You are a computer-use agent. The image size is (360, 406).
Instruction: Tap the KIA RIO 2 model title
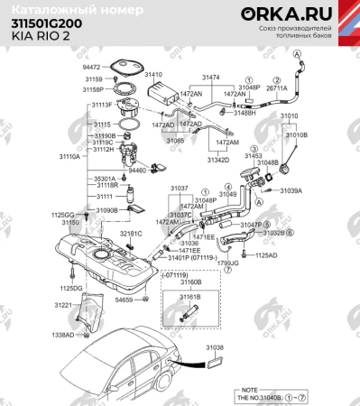pyautogui.click(x=37, y=39)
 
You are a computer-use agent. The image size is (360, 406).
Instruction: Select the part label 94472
pyautogui.click(x=93, y=68)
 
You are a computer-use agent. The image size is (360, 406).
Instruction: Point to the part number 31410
pyautogui.click(x=153, y=75)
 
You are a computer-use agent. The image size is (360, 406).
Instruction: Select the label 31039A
pyautogui.click(x=291, y=190)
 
